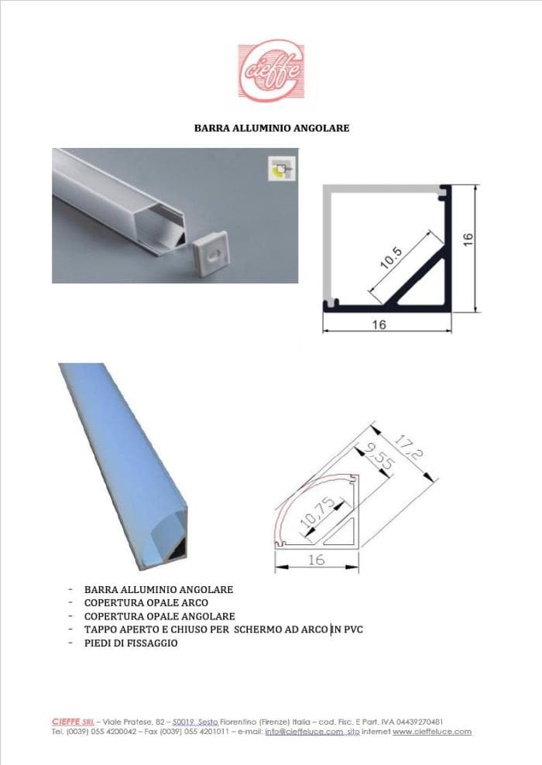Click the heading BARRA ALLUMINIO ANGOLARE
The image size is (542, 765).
[x=272, y=129]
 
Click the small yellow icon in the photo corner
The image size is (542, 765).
[x=282, y=169]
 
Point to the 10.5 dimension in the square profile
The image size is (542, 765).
[x=391, y=258]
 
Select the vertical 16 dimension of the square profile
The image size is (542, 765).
[x=468, y=239]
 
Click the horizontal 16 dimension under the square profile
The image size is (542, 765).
[x=379, y=324]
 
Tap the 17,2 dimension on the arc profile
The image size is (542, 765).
[x=408, y=448]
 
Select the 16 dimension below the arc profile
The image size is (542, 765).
[x=316, y=559]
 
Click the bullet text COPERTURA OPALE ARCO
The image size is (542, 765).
[x=146, y=603]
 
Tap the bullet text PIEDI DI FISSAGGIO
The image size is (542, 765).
[x=131, y=643]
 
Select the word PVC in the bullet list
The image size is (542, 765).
[x=354, y=629]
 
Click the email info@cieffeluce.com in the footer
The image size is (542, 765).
[x=304, y=732]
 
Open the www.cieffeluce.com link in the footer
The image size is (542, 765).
[x=432, y=732]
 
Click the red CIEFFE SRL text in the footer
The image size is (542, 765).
[x=74, y=722]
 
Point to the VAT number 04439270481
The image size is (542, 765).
[x=420, y=722]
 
